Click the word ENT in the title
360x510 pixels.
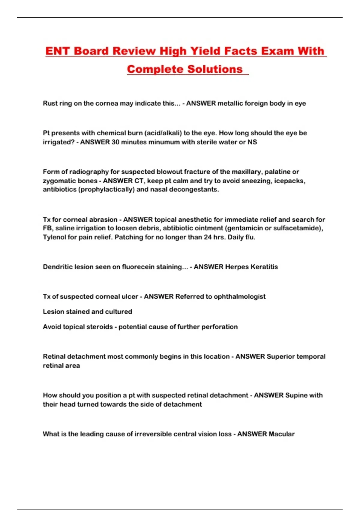(58, 51)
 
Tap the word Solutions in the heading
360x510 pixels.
(215, 69)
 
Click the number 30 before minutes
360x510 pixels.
(115, 142)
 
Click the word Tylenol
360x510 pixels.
(55, 237)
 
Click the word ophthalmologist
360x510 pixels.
(239, 297)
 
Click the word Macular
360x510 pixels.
(281, 434)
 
